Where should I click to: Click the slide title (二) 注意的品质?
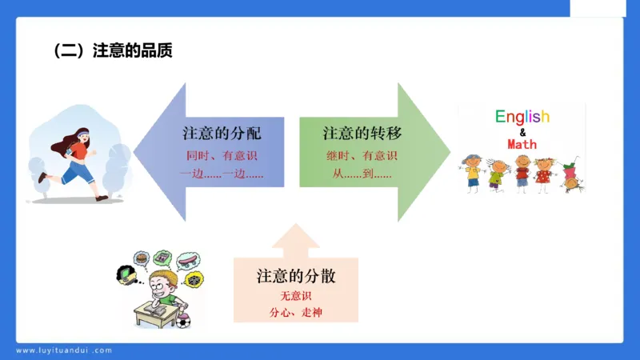point(113,50)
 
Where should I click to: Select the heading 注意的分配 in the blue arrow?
point(222,133)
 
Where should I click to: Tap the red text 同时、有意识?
point(222,155)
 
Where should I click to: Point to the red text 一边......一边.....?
point(222,173)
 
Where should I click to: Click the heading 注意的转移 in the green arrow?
point(362,133)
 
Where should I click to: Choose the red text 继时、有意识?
point(360,155)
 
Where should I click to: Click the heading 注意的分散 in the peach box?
point(296,277)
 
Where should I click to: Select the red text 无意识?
point(295,297)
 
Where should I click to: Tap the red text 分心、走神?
point(295,312)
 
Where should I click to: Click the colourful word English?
point(522,117)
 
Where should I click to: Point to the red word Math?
point(522,144)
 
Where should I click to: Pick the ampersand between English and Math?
point(522,131)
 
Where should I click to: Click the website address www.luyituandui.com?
point(64,350)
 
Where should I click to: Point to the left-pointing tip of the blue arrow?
point(136,151)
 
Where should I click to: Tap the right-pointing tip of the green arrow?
point(448,151)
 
